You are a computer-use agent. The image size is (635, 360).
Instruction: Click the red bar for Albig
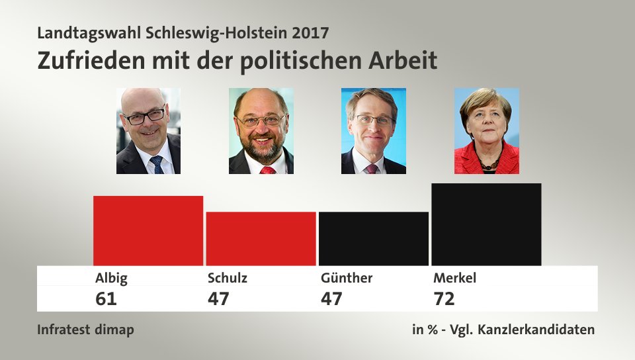(148, 230)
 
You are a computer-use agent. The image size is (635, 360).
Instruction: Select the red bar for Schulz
(261, 238)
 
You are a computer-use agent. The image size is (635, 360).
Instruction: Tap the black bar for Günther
(373, 238)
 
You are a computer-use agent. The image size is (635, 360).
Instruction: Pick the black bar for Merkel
(486, 224)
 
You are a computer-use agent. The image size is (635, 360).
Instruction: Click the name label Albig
(111, 278)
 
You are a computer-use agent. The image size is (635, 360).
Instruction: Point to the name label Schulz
(227, 278)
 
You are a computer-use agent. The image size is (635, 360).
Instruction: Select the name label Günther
(346, 278)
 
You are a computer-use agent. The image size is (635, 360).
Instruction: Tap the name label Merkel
(454, 278)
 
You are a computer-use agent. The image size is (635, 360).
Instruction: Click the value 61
(106, 298)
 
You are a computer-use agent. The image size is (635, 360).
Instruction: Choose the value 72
(444, 298)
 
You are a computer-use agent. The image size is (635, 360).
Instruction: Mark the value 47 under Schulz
(218, 298)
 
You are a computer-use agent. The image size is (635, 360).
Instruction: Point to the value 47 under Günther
(331, 298)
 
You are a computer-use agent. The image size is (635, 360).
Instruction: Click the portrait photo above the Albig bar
(148, 131)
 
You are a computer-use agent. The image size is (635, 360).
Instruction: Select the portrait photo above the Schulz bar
(261, 131)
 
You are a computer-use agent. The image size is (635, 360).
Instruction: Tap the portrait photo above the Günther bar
(373, 131)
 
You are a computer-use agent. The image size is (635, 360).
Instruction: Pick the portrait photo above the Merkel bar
(486, 131)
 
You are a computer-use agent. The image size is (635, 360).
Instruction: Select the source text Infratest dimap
(85, 329)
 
